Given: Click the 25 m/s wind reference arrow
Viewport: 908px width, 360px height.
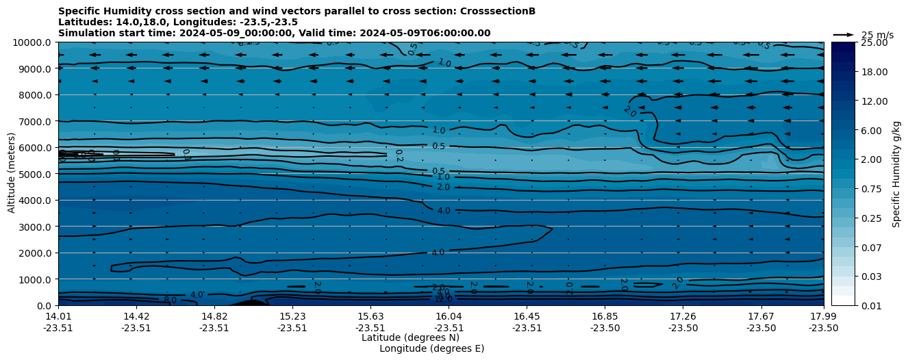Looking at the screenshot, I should pos(844,35).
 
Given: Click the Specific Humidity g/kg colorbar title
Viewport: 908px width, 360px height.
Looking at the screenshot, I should pos(896,174).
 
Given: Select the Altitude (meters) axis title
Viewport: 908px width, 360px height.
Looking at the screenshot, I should pos(12,172).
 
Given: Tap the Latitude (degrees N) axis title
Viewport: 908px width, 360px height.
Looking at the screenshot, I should pos(410,337).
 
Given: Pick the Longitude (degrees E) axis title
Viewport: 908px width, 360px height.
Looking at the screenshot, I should pos(431,348).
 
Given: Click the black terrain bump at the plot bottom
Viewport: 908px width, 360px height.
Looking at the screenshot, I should pos(249,303).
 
